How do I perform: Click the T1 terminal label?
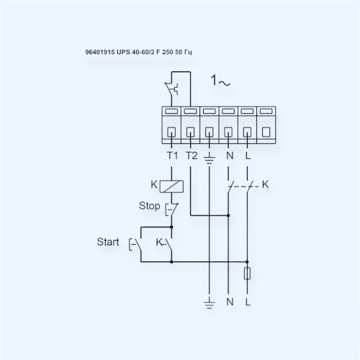coord(172,156)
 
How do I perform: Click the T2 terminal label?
coord(192,156)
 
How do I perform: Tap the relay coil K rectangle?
coord(171,186)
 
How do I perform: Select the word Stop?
coord(149,206)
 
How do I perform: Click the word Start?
coord(108,242)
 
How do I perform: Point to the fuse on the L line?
coord(247,273)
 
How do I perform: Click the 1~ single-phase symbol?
coord(220,81)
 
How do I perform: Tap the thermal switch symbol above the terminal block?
coord(172,89)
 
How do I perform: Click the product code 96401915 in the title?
coord(99,52)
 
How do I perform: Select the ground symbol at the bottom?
coord(209,302)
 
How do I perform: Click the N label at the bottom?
coord(230,302)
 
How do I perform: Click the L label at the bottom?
coord(248,302)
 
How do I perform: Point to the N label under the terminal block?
coord(230,156)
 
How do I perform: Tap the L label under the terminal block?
coord(248,156)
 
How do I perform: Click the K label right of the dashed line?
coord(265,184)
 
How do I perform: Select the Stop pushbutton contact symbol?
coord(171,210)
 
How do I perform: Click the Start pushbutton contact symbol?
coord(135,244)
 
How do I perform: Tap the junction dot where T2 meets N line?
coord(228,215)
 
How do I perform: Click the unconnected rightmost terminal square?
coord(266,132)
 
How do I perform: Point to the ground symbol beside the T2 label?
coord(210,158)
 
